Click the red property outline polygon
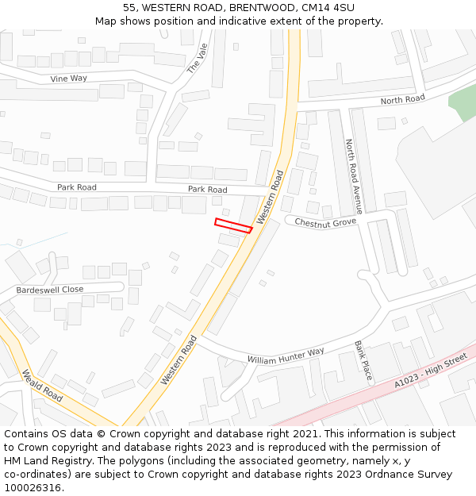click(x=233, y=225)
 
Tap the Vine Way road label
click(x=69, y=79)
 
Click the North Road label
click(x=402, y=100)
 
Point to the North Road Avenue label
click(x=353, y=176)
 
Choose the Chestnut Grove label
click(x=325, y=223)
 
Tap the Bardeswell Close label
click(x=49, y=290)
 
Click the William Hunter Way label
click(x=286, y=355)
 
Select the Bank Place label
click(x=363, y=362)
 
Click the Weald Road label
click(x=42, y=386)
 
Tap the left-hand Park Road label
click(x=76, y=187)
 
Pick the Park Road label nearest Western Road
click(x=207, y=190)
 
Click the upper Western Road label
click(x=270, y=194)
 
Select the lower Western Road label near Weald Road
click(x=178, y=360)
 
